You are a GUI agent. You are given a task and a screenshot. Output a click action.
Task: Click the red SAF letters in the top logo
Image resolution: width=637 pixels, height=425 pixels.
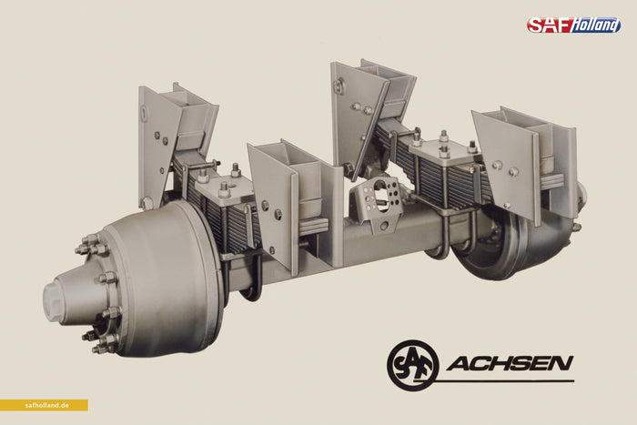549,25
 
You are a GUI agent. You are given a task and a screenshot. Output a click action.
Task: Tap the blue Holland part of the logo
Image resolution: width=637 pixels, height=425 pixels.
596,25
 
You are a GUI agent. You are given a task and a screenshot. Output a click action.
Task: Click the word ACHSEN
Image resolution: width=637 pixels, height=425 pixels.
511,363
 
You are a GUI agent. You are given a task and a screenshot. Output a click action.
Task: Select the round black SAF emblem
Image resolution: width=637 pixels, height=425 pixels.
413,365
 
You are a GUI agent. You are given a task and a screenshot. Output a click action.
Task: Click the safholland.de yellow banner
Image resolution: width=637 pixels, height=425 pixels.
44,405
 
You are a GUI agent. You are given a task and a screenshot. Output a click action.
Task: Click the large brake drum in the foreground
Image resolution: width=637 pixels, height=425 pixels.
171,280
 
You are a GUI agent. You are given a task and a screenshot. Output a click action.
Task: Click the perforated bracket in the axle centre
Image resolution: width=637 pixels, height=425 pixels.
377,202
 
